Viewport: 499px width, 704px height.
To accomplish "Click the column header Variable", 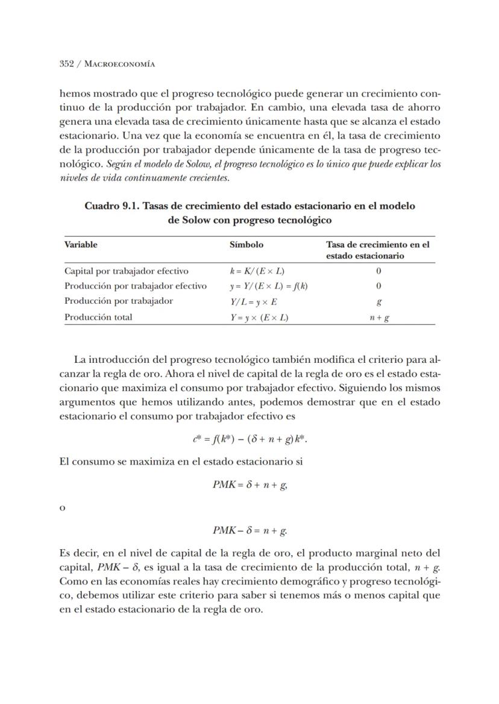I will pos(81,245).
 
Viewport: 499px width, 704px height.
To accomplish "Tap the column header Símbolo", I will pos(246,245).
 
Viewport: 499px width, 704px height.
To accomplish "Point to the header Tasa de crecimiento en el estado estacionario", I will pos(378,250).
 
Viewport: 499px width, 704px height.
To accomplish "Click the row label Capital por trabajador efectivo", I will pos(126,271).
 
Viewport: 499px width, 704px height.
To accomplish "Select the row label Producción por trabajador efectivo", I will pos(136,286).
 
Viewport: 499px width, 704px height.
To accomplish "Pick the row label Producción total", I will pos(98,316).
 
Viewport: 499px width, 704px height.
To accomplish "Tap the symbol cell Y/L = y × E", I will pos(249,301).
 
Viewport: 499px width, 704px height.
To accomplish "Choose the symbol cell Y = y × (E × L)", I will pos(255,317).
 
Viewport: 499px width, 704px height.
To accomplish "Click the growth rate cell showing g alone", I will pos(378,302).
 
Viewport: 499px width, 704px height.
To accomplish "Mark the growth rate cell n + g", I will pos(378,318).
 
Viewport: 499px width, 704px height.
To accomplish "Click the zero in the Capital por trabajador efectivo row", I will pos(378,271).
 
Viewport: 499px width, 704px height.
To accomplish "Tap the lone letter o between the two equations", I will pos(63,508).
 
